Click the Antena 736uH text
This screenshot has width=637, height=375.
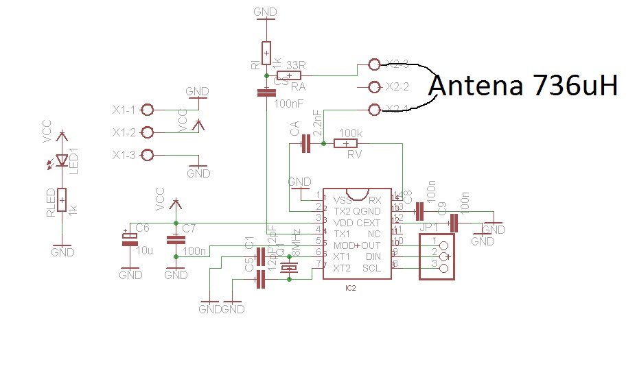click(x=524, y=86)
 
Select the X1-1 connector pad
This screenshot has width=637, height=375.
click(x=147, y=110)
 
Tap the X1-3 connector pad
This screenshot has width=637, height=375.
click(x=147, y=155)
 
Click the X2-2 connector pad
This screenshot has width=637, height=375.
click(x=374, y=87)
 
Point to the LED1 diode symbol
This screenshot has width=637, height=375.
click(x=62, y=160)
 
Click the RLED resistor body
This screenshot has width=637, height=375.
click(x=62, y=200)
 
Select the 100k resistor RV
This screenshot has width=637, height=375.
click(x=346, y=143)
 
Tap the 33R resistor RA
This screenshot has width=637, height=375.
click(x=289, y=75)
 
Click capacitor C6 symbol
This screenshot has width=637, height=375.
click(x=130, y=239)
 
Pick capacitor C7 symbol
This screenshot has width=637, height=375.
click(x=176, y=239)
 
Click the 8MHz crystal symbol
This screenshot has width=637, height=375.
click(x=290, y=268)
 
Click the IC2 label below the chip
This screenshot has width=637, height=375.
click(x=350, y=289)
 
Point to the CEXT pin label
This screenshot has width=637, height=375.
click(x=368, y=223)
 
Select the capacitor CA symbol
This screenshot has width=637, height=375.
click(x=306, y=143)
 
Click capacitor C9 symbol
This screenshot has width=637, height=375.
click(x=453, y=223)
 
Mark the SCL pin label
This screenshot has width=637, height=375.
click(x=371, y=268)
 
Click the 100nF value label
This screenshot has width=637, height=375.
click(x=288, y=104)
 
